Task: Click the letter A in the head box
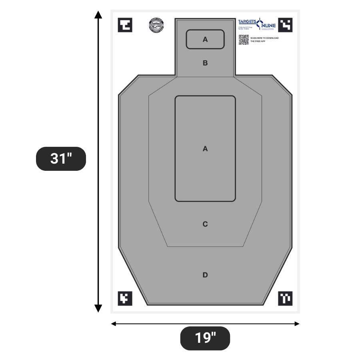205,39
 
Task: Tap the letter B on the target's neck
205,63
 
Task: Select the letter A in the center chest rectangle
205,148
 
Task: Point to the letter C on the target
205,224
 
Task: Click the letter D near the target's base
205,275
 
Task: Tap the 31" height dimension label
61,159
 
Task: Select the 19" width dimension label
205,338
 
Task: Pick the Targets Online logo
257,24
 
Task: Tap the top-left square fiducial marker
125,25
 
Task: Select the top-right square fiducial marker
285,25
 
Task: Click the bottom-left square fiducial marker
125,298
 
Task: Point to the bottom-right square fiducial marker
285,298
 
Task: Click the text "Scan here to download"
264,38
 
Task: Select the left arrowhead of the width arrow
114,324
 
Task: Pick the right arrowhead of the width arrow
297,324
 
